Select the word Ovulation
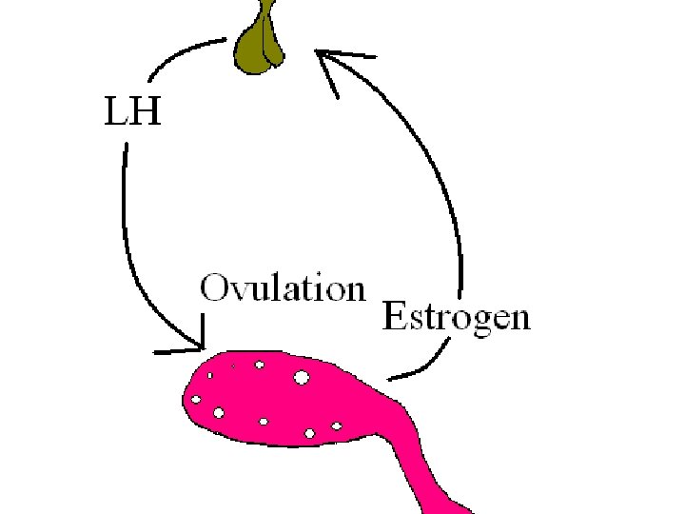(283, 287)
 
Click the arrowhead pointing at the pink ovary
(195, 342)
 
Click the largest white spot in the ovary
(302, 377)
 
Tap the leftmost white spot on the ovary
(196, 399)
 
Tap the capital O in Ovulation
(214, 287)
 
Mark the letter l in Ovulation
(274, 287)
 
